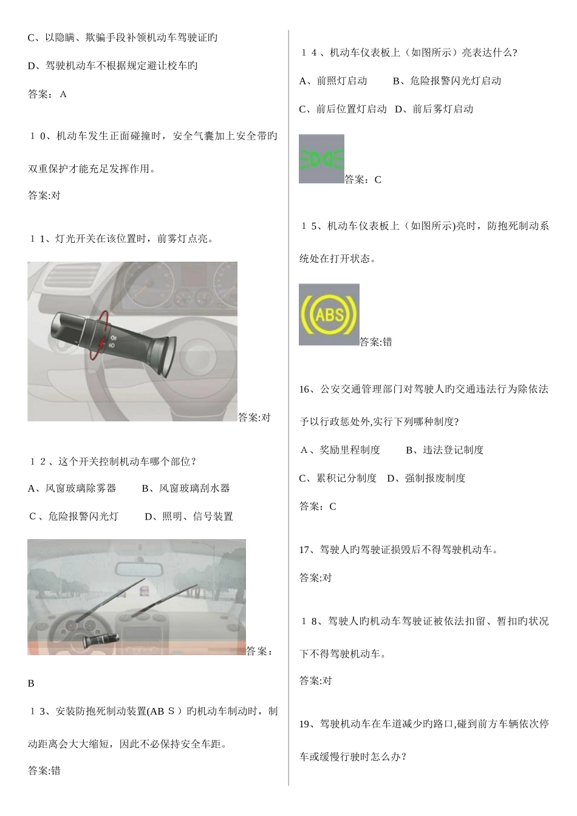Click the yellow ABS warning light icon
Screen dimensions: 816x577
[329, 314]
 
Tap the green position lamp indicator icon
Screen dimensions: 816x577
[321, 159]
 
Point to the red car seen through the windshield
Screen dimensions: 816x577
[144, 590]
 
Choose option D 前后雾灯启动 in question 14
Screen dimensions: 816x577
[434, 109]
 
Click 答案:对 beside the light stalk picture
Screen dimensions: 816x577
[254, 418]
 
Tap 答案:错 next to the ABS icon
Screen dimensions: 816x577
[376, 342]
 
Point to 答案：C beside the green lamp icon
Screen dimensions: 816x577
[363, 180]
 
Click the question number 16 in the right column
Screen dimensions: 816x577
[306, 389]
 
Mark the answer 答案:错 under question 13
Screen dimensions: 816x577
[44, 771]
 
